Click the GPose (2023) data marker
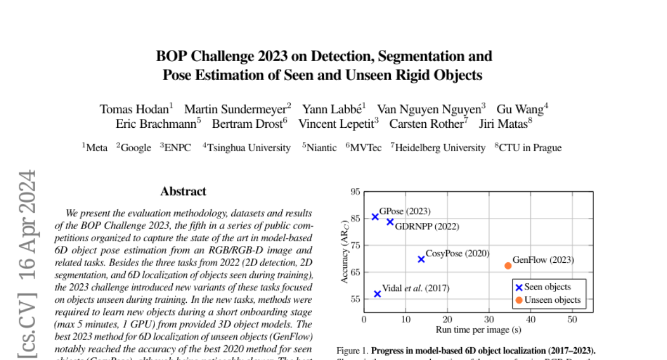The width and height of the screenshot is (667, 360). tap(375, 217)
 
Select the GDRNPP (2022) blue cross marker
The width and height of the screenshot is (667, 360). tap(390, 222)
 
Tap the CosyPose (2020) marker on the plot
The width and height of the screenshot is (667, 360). tap(421, 259)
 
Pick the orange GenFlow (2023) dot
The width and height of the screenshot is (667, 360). tap(508, 266)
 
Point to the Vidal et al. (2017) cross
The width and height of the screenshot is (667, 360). tap(377, 293)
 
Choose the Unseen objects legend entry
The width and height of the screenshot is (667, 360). tap(547, 300)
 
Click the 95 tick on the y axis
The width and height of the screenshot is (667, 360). tap(354, 192)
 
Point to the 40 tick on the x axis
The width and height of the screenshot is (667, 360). tap(530, 320)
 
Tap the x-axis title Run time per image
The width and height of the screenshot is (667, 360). tap(478, 330)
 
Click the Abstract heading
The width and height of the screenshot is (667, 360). tap(183, 192)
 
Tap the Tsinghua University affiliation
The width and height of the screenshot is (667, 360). tap(248, 148)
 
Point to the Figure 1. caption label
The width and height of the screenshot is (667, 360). tap(352, 351)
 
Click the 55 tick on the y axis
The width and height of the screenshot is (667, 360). tap(354, 299)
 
